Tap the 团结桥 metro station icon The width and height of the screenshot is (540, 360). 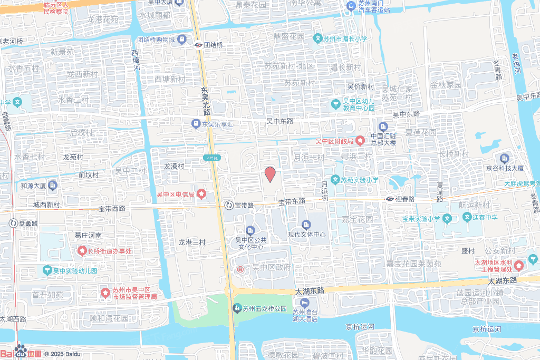click(198, 45)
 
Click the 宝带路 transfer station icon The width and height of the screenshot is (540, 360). click(229, 205)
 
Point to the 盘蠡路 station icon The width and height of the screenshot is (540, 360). click(13, 223)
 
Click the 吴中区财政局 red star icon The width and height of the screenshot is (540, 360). click(360, 141)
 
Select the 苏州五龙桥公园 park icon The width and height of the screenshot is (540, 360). click(238, 308)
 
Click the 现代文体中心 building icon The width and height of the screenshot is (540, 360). click(306, 225)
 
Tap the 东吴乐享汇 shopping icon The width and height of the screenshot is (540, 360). click(196, 124)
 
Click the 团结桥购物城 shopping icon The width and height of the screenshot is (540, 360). click(182, 40)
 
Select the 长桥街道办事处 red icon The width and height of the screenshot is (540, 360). click(82, 250)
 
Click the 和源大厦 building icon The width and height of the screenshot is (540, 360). click(53, 186)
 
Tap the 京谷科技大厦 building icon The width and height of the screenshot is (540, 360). click(505, 158)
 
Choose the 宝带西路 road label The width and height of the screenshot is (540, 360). click(112, 209)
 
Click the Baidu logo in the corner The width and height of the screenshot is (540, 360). click(21, 352)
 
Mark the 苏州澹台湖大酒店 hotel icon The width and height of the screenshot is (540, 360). click(305, 303)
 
